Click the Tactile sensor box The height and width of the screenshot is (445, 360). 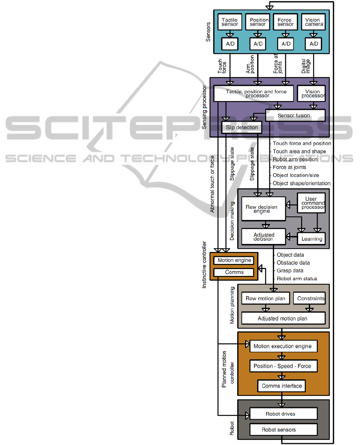[x=229, y=22]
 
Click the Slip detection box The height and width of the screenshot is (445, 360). [x=240, y=128]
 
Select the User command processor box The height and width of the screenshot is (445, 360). [x=311, y=203]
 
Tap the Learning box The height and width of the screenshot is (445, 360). [x=311, y=239]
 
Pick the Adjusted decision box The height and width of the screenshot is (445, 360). [x=263, y=236]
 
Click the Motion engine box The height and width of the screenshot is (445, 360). [x=234, y=260]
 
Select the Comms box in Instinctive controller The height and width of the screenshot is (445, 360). [x=234, y=272]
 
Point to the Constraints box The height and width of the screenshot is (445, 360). [x=309, y=298]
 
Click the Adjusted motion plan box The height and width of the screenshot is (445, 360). [x=283, y=319]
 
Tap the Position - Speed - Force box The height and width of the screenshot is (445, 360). [x=283, y=366]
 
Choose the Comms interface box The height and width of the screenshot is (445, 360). [x=281, y=386]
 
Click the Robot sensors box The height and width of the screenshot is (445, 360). [x=283, y=430]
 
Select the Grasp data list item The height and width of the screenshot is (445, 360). [x=290, y=271]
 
